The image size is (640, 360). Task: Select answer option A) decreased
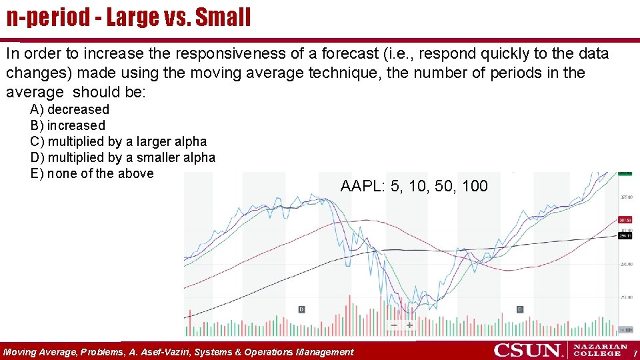tap(69, 109)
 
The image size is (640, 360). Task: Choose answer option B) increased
tap(67, 125)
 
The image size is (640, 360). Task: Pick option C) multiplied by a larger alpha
tap(118, 141)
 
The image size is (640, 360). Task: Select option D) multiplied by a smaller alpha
tap(123, 157)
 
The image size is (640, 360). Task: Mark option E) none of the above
tap(91, 173)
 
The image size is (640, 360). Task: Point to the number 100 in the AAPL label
tap(475, 186)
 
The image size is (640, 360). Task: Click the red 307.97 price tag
tap(625, 220)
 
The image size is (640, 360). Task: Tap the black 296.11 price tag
tap(625, 235)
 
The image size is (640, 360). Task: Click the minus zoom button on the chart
tap(394, 325)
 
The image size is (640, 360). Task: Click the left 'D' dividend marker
tap(301, 309)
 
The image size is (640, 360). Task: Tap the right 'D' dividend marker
tap(520, 309)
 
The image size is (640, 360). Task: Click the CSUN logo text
tap(528, 350)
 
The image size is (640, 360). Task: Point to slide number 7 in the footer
tap(635, 352)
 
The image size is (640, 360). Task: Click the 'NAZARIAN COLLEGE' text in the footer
tap(600, 350)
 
